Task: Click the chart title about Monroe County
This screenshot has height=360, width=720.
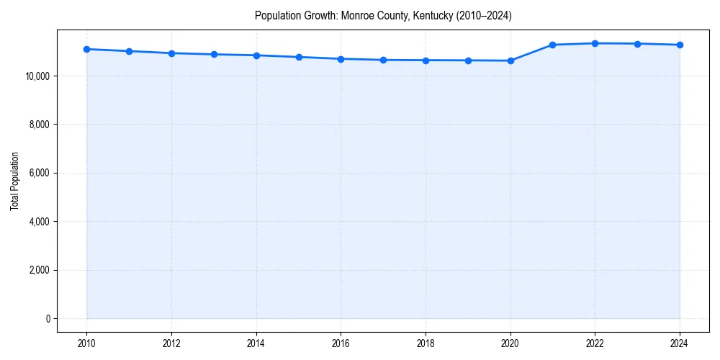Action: pyautogui.click(x=383, y=16)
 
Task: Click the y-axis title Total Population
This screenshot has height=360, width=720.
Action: pyautogui.click(x=14, y=181)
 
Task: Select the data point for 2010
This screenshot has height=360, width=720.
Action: pyautogui.click(x=86, y=49)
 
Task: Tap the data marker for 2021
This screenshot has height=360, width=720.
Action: pyautogui.click(x=552, y=45)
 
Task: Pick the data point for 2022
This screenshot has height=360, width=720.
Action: pyautogui.click(x=595, y=43)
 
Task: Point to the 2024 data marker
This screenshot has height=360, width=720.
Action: pyautogui.click(x=680, y=45)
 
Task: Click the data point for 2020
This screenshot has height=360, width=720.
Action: pyautogui.click(x=510, y=60)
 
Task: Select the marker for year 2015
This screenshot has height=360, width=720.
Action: pyautogui.click(x=299, y=57)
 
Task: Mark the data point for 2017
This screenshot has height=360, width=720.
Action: pyautogui.click(x=383, y=60)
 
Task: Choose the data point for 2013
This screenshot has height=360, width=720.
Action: pyautogui.click(x=214, y=54)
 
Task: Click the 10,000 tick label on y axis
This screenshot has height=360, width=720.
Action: pyautogui.click(x=36, y=76)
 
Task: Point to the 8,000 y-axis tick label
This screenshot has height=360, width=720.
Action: pyautogui.click(x=38, y=125)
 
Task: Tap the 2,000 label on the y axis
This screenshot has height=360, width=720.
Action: pyautogui.click(x=38, y=270)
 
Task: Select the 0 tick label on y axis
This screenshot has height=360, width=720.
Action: pyautogui.click(x=48, y=319)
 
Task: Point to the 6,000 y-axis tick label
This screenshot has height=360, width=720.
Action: pyautogui.click(x=38, y=173)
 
